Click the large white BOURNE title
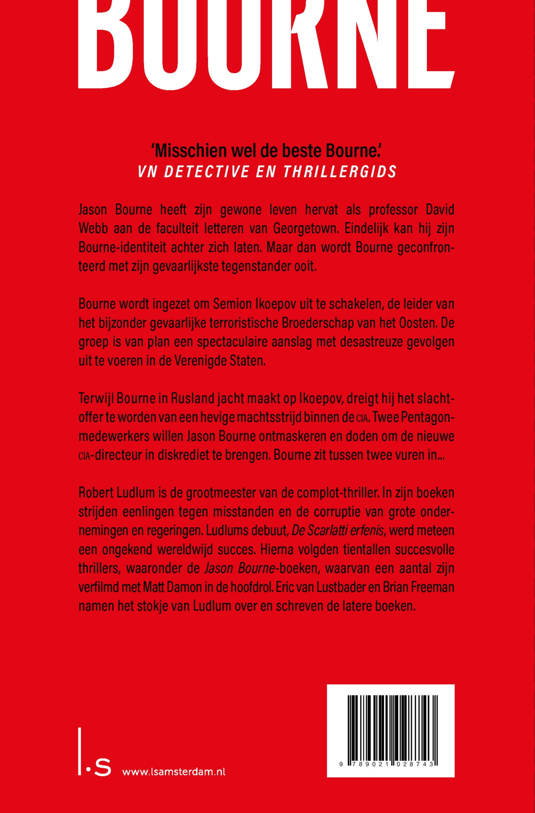point(266,44)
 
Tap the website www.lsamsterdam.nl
point(173,771)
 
